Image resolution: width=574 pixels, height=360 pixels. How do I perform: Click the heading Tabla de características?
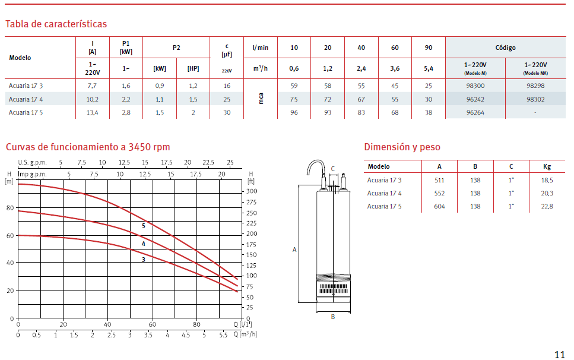56,24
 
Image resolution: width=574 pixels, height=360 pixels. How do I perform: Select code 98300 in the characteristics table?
475,86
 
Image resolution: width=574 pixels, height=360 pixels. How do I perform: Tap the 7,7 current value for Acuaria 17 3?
92,86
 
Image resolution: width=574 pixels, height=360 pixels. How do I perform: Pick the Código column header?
505,48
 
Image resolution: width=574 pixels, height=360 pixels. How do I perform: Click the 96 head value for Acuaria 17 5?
294,112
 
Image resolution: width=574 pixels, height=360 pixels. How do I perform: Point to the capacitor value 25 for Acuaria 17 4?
227,99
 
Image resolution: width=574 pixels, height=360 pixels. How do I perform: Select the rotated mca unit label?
261,99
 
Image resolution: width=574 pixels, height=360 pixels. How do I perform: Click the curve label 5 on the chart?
144,226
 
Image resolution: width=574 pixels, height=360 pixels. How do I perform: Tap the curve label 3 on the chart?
144,260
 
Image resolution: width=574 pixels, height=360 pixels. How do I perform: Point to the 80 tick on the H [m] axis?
10,208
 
